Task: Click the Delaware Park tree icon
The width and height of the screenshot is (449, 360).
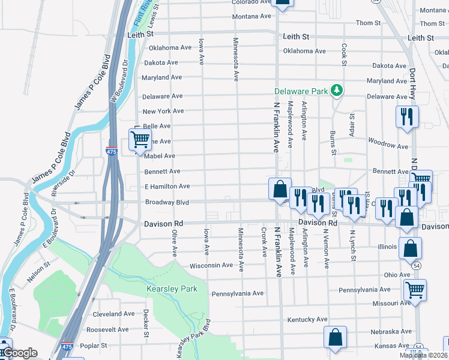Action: tap(337, 91)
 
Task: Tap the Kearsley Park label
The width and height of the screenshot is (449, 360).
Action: tap(172, 289)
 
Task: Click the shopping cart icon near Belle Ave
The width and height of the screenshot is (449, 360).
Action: tap(140, 140)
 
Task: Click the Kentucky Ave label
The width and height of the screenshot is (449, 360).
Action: tap(307, 319)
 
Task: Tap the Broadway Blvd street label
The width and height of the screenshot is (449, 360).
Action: tap(167, 203)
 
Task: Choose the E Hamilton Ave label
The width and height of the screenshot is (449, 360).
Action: tap(167, 187)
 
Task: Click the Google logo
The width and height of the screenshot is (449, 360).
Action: tap(19, 353)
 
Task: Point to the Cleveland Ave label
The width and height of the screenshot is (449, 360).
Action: tap(114, 314)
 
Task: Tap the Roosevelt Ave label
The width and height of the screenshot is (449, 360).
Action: tap(107, 330)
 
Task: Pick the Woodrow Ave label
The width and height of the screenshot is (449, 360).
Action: tap(388, 145)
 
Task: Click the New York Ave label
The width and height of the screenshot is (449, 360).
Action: tap(163, 111)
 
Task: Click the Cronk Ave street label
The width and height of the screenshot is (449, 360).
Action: tap(264, 242)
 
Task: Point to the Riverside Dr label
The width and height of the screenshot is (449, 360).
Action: tap(64, 183)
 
